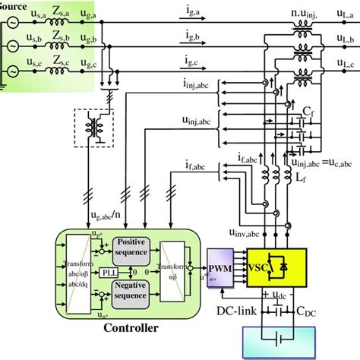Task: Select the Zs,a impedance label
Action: tap(60, 8)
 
